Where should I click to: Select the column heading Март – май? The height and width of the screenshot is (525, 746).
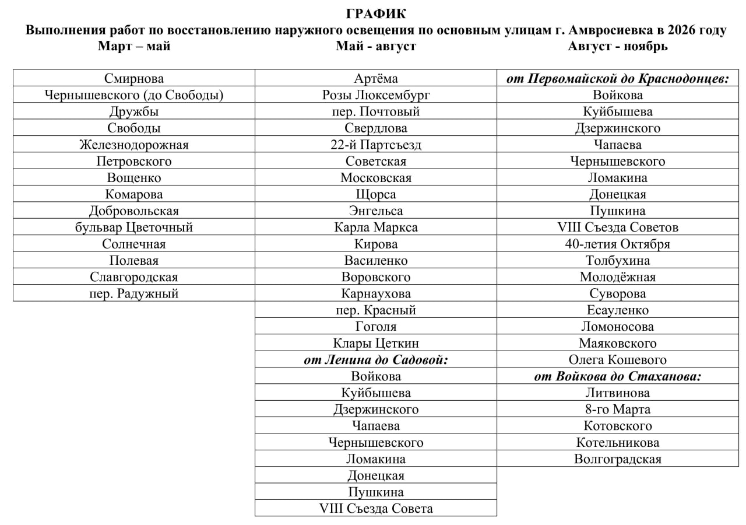(x=134, y=47)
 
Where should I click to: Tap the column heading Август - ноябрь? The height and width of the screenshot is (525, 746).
(x=617, y=47)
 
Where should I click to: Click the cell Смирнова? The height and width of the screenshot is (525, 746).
(x=134, y=78)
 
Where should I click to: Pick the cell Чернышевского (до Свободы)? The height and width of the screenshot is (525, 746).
(x=134, y=95)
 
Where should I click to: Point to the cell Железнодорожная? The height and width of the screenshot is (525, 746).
(x=134, y=145)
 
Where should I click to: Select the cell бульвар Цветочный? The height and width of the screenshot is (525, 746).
(x=134, y=228)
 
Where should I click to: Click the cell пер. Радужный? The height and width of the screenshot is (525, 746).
(x=134, y=294)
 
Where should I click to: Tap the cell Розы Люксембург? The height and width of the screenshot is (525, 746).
(x=376, y=95)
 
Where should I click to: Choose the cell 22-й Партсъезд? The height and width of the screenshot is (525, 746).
(x=376, y=145)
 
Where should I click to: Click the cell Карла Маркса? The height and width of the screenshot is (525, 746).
(x=376, y=228)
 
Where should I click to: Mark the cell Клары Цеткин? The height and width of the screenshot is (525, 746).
(x=376, y=344)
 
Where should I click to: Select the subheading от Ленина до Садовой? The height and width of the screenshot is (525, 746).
(x=376, y=360)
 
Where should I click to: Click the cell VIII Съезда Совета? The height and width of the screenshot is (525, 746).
(x=376, y=509)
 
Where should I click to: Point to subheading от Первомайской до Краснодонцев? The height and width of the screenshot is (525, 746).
(x=617, y=78)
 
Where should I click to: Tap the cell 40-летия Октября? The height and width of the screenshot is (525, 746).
(x=617, y=244)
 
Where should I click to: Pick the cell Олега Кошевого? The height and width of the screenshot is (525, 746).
(x=617, y=360)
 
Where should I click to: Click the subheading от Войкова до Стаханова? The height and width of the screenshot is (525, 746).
(x=617, y=376)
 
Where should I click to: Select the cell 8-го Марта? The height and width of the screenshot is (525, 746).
(x=617, y=409)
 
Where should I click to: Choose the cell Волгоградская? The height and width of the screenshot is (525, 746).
(x=617, y=459)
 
